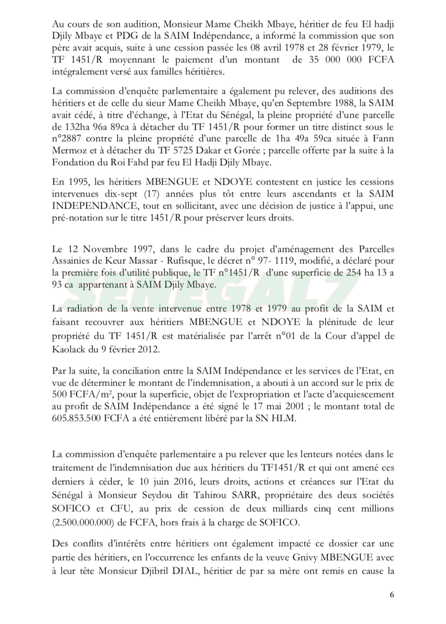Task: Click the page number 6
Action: pos(392,595)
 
